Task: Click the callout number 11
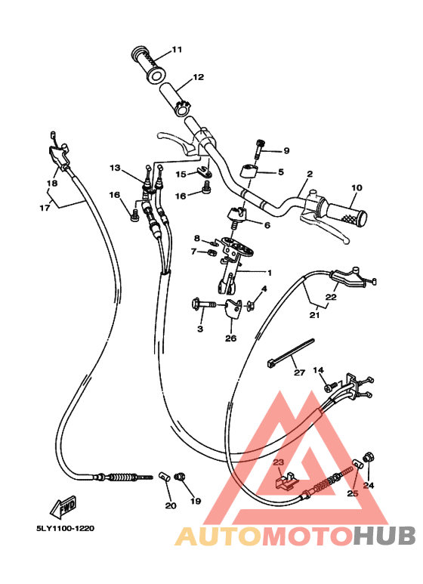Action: pos(177,50)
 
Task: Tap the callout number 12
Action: pos(199,77)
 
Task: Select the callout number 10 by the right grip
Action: pos(357,187)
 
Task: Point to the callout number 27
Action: pos(299,372)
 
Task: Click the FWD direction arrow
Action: pos(63,507)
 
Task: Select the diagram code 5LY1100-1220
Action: pos(65,528)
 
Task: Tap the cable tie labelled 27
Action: pos(291,353)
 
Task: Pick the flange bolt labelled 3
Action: pos(203,304)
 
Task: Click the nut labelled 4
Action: pos(250,306)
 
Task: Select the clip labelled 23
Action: pos(287,481)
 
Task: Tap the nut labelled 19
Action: pos(181,477)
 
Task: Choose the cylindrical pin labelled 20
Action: pos(164,477)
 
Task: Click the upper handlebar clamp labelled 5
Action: pos(249,171)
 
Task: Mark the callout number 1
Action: pos(270,273)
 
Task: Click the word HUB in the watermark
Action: pos(384,536)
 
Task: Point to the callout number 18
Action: pos(52,183)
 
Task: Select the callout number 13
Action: pos(115,168)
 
